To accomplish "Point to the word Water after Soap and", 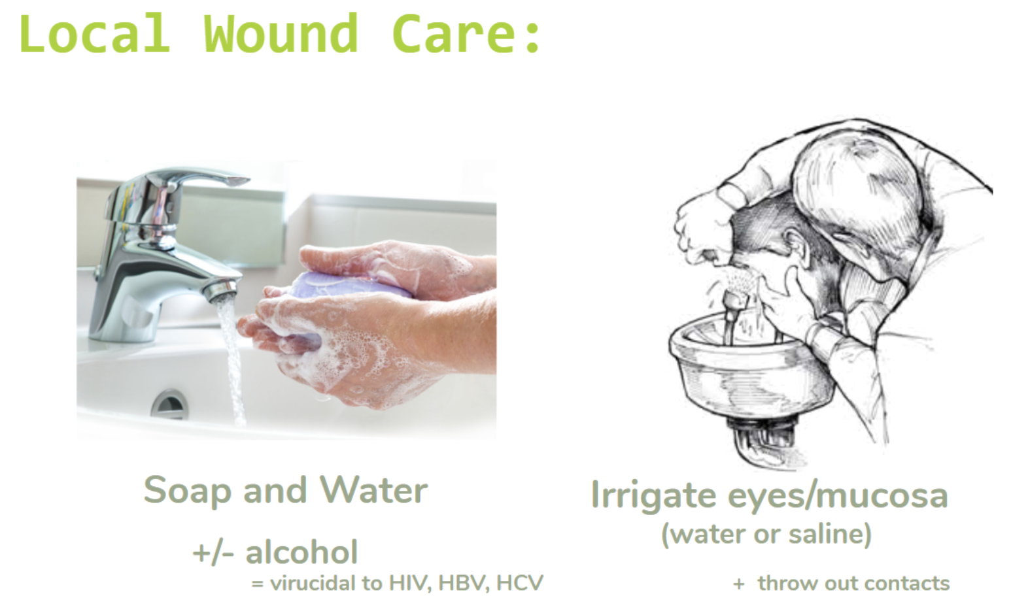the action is [x=374, y=490].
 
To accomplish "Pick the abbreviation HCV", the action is [x=520, y=583].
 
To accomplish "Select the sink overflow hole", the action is [x=169, y=405].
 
